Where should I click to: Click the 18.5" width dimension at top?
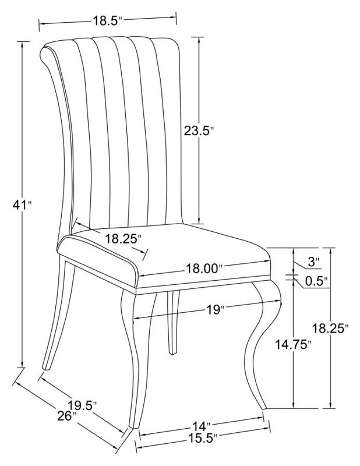108,21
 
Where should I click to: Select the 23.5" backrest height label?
199,130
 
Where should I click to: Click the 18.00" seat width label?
204,269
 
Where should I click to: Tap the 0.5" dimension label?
317,281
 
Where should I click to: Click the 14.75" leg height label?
293,344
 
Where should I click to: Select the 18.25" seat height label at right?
330,328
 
